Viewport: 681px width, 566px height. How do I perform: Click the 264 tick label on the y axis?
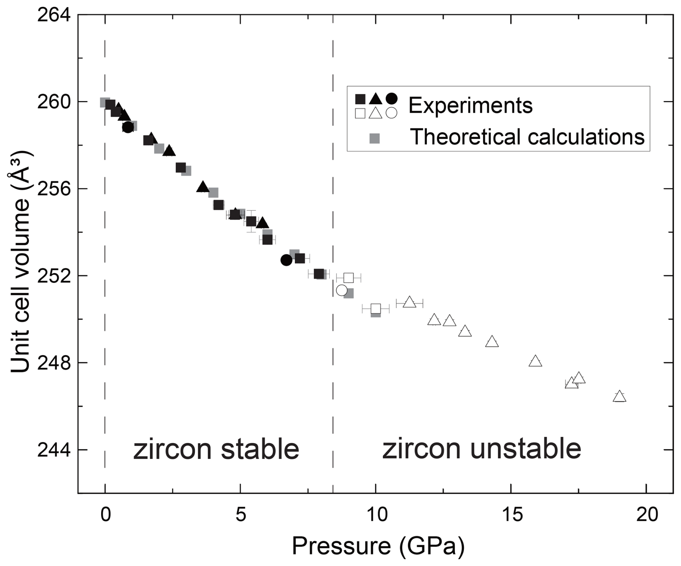click(54, 15)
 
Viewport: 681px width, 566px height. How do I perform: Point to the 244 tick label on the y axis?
click(54, 449)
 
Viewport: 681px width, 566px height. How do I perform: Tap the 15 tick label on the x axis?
click(511, 515)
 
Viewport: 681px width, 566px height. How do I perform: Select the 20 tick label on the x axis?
click(647, 515)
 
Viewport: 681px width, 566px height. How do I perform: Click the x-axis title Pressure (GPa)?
click(378, 546)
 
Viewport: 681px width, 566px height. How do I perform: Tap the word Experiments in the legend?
click(470, 105)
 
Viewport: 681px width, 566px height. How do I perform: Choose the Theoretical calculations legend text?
click(527, 137)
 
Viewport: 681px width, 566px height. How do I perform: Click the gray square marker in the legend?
click(375, 138)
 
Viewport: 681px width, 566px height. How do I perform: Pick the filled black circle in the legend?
click(391, 98)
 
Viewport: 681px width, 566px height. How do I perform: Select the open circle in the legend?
click(391, 113)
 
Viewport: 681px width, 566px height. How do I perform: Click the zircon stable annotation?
click(216, 449)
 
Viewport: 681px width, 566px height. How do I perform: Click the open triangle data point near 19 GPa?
click(619, 397)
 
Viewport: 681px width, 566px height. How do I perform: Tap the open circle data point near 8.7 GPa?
click(342, 290)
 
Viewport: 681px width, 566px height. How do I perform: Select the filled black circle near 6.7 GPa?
click(286, 260)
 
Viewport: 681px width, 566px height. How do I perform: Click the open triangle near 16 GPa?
click(536, 361)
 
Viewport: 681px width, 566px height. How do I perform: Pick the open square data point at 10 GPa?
click(376, 309)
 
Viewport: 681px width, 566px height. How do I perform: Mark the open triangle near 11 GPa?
click(409, 302)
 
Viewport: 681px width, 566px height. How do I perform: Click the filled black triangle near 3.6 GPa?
click(203, 187)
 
